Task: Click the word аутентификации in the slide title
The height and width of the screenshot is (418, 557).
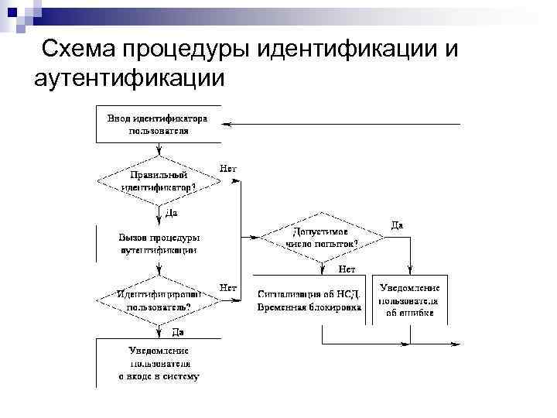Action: pyautogui.click(x=129, y=77)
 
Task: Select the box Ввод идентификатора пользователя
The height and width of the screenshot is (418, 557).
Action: pyautogui.click(x=158, y=125)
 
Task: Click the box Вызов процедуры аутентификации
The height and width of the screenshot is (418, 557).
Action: pyautogui.click(x=158, y=244)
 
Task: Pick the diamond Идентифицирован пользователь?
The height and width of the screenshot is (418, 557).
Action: pyautogui.click(x=158, y=300)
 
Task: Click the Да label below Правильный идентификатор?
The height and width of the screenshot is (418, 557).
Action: pyautogui.click(x=171, y=212)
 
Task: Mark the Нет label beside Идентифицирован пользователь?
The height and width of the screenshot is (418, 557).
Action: pyautogui.click(x=228, y=287)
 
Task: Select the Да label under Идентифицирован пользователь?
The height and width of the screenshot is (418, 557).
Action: pyautogui.click(x=177, y=331)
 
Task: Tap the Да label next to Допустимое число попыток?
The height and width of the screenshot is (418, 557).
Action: pyautogui.click(x=397, y=224)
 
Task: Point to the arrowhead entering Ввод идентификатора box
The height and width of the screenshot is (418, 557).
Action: pyautogui.click(x=226, y=125)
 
